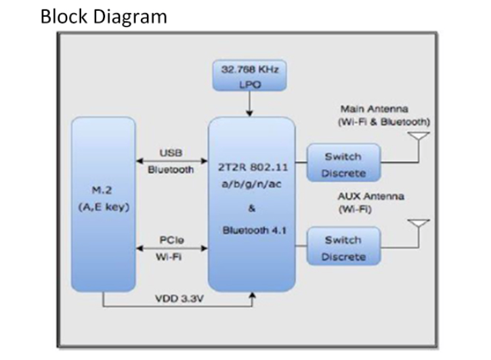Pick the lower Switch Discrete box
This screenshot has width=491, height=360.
point(343,248)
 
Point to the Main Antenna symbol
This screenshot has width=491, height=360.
point(419,139)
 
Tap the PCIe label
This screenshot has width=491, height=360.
point(169,240)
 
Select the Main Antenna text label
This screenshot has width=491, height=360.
point(375,109)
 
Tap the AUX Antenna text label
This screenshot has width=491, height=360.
point(370,196)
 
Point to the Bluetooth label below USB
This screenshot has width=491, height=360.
point(171,170)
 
